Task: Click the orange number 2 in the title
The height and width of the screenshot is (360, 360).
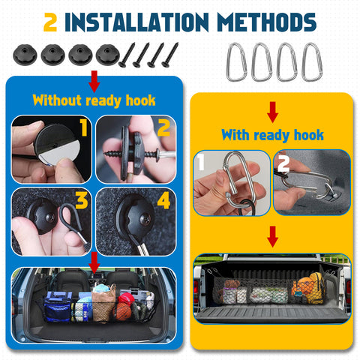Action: click(51, 22)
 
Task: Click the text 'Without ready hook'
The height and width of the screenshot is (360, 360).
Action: click(94, 100)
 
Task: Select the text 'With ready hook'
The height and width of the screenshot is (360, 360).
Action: click(272, 135)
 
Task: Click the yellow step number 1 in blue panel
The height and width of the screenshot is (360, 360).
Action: click(83, 128)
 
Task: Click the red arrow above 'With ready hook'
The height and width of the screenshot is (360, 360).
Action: click(272, 112)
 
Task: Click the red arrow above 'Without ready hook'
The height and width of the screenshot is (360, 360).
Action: click(94, 79)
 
